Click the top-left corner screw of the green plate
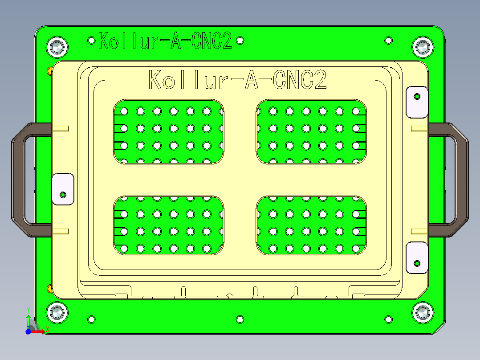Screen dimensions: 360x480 [x=57, y=47]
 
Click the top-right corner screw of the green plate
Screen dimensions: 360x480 [x=422, y=47]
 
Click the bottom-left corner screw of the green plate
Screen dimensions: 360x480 [x=57, y=313]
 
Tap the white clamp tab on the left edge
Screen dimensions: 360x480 [x=63, y=189]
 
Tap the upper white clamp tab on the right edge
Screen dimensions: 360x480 [x=417, y=102]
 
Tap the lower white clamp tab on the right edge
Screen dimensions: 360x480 [x=417, y=258]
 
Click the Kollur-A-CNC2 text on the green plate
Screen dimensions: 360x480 [x=165, y=41]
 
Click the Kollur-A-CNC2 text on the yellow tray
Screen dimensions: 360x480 [x=238, y=80]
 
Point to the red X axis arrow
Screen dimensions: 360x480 [x=40, y=331]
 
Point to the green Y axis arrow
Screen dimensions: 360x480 [x=28, y=320]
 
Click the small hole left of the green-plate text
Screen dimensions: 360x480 [x=92, y=41]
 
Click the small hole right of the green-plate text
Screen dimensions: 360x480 [x=240, y=41]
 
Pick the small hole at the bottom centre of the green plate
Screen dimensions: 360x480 [x=240, y=319]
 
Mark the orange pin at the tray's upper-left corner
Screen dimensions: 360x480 [x=49, y=70]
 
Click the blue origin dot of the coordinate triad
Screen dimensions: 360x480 [x=28, y=332]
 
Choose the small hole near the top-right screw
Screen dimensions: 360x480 [x=389, y=41]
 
